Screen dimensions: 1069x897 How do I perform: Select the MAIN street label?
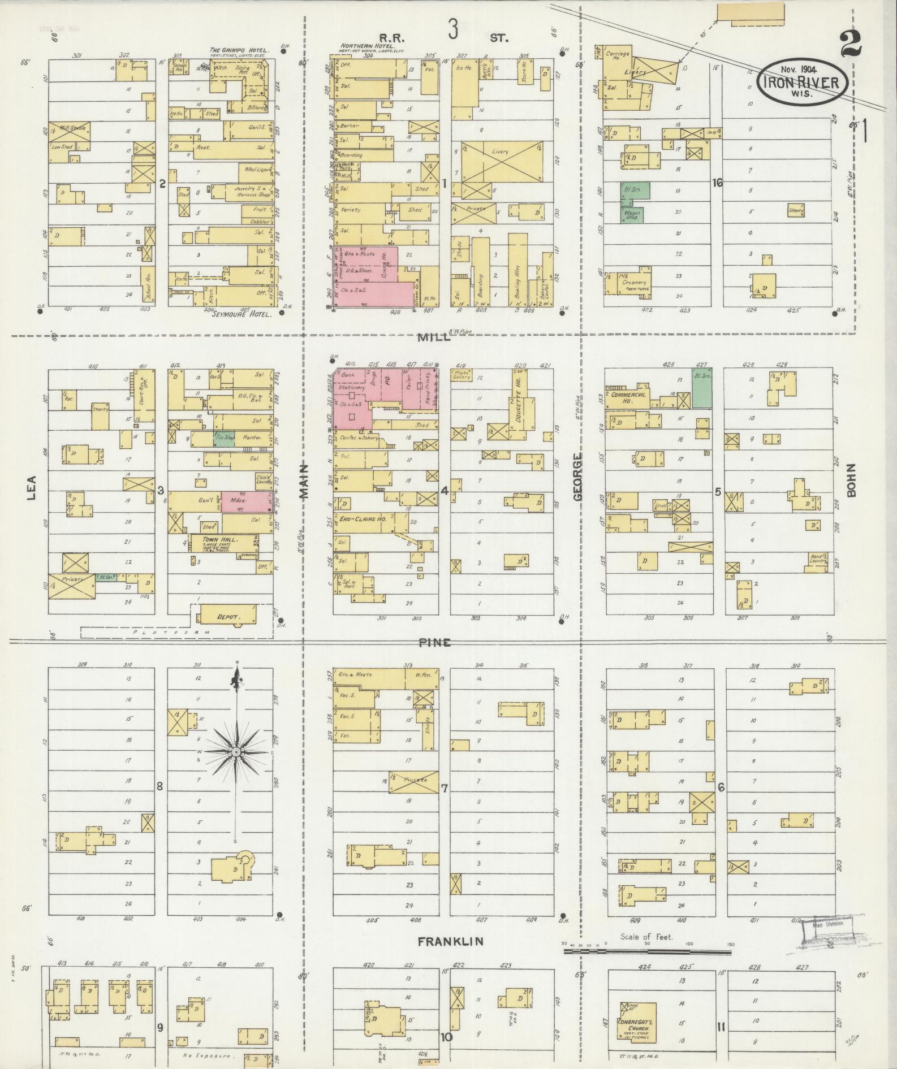[304, 481]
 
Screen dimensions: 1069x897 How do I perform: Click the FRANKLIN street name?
[451, 941]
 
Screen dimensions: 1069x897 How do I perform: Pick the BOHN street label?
[851, 481]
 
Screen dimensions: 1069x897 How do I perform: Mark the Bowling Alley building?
[517, 271]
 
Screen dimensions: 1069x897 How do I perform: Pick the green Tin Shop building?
[224, 438]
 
